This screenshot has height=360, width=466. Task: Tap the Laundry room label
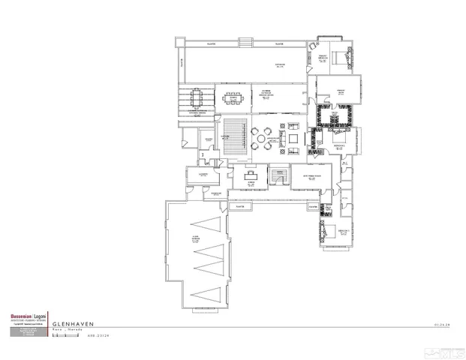pos(203,174)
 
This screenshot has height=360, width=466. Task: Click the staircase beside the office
pos(280,175)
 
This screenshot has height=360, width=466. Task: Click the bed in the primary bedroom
pos(347,55)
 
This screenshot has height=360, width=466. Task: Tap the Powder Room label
pos(215,193)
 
